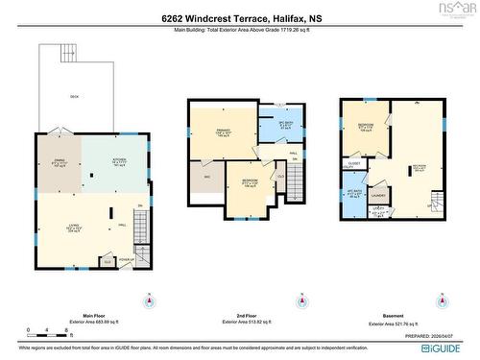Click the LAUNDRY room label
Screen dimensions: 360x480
pyautogui.click(x=378, y=196)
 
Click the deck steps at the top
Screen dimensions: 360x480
pyautogui.click(x=68, y=52)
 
